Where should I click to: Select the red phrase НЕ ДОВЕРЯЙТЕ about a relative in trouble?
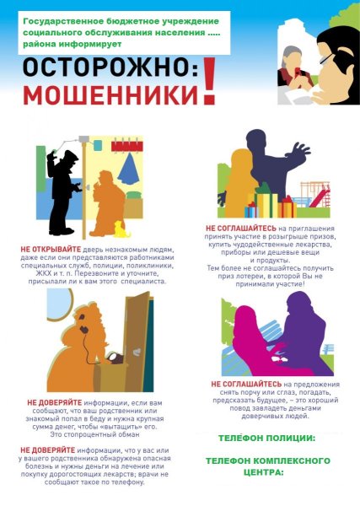[55, 402]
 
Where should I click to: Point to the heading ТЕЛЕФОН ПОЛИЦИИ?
[266, 439]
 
